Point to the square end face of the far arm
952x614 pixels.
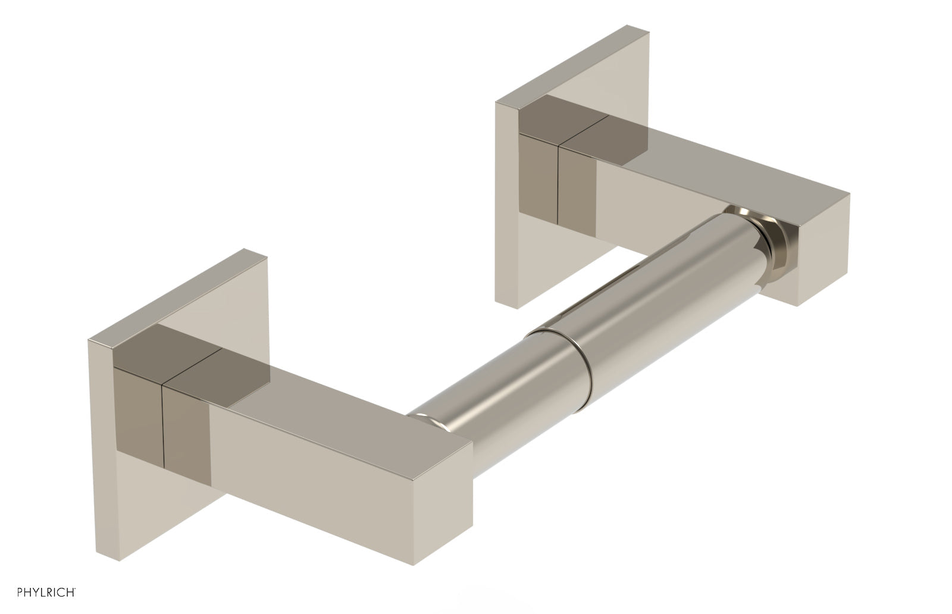click(823, 250)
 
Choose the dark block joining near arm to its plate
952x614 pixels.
click(184, 381)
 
